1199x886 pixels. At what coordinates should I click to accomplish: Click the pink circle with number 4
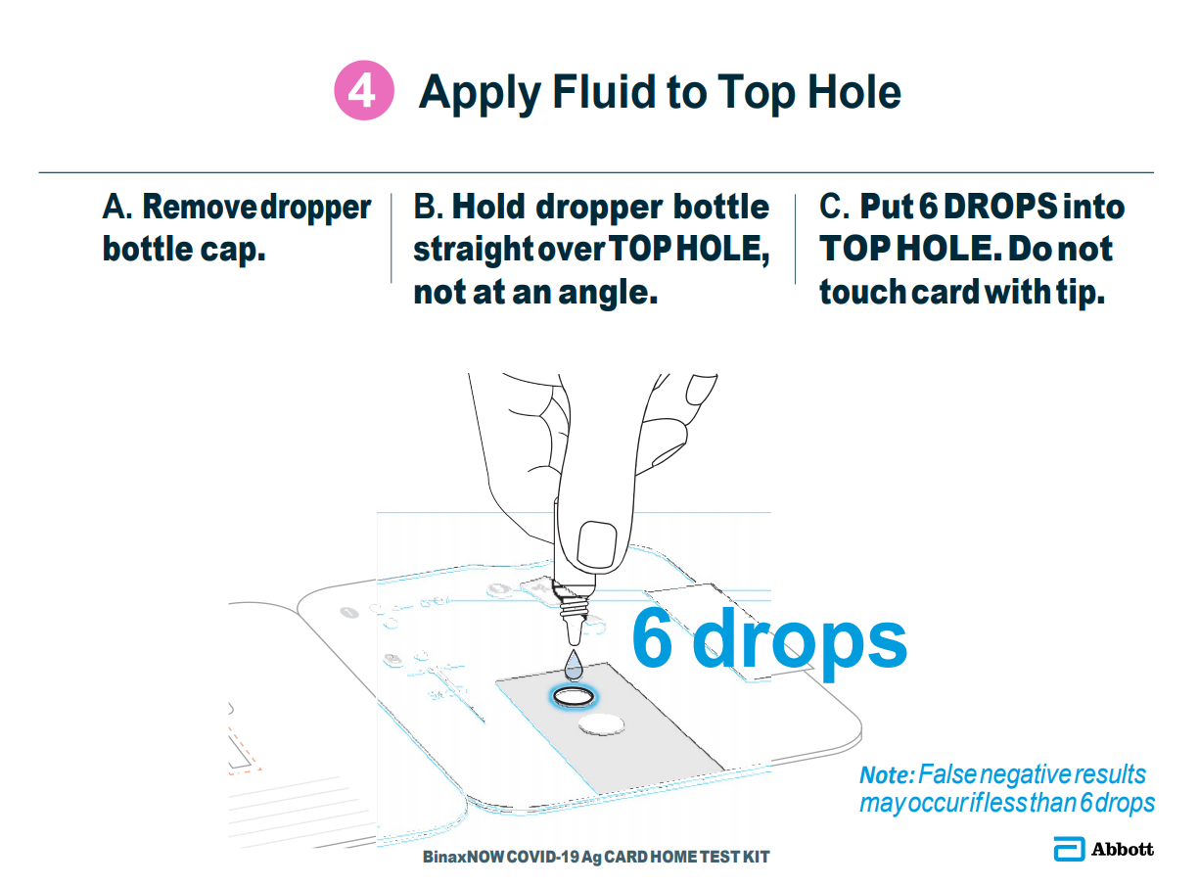coord(364,90)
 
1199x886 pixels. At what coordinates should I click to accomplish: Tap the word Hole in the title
coord(854,91)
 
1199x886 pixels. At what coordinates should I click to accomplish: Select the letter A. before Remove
coord(116,207)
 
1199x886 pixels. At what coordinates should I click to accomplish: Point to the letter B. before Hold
coord(428,207)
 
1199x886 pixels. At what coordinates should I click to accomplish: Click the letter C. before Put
coord(834,207)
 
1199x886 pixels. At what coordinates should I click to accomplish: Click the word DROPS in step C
coord(1000,207)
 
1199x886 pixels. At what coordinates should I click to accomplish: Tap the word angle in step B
coord(608,295)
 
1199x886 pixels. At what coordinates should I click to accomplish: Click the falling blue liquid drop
coord(573,665)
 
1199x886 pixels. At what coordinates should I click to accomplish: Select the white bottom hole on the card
coord(601,724)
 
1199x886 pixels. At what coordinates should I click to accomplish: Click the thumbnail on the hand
coord(596,545)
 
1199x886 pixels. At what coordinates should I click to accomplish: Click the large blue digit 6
coord(652,638)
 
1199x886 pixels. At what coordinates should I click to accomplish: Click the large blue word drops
coord(799,643)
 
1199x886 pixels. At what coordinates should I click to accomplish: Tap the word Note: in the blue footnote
coord(887,775)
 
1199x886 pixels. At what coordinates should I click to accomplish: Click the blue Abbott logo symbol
coord(1069,849)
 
